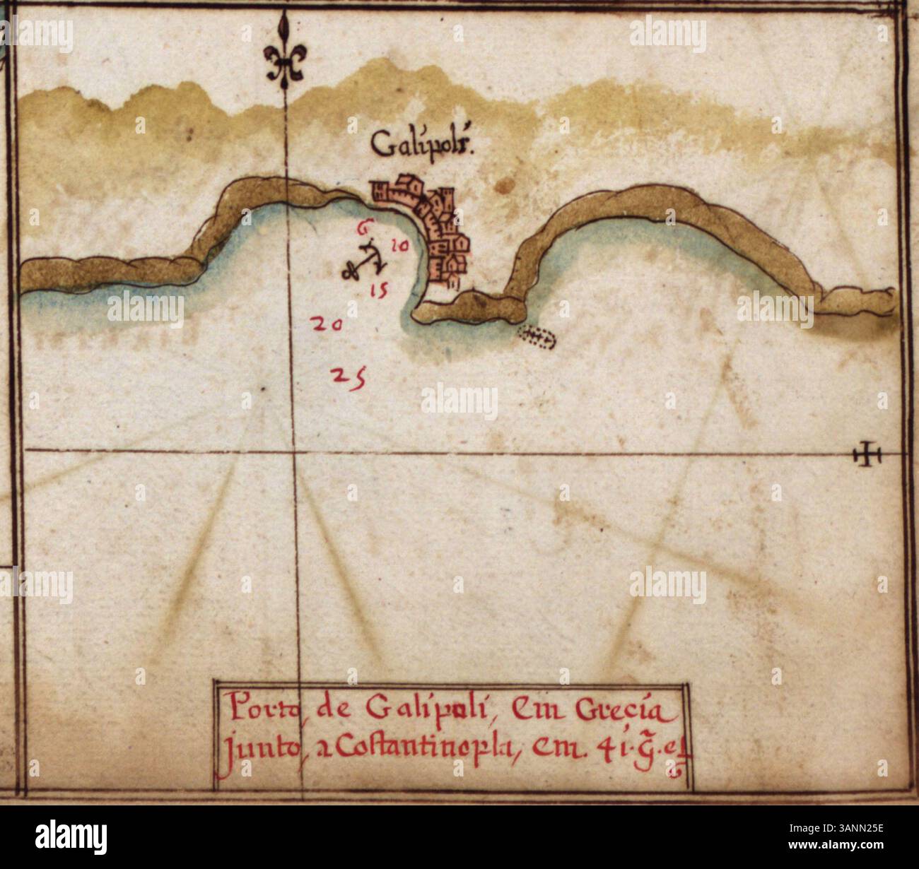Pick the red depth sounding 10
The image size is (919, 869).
[x=399, y=245]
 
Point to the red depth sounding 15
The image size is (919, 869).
[x=379, y=289]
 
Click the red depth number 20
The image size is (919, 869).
[x=327, y=325]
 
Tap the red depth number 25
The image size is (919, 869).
[x=349, y=377]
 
